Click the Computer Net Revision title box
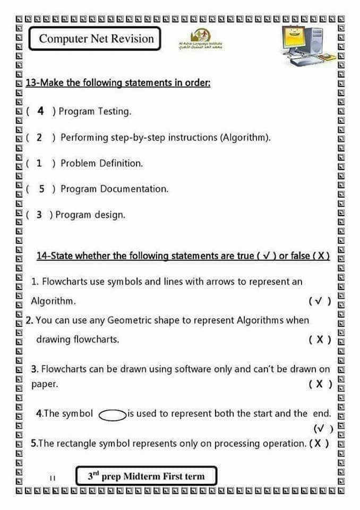pyautogui.click(x=96, y=39)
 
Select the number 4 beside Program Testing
pyautogui.click(x=40, y=111)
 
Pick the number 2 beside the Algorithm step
pyautogui.click(x=39, y=138)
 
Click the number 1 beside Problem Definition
pyautogui.click(x=39, y=163)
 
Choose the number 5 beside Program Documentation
pyautogui.click(x=41, y=189)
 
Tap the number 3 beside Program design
pyautogui.click(x=39, y=215)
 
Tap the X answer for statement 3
pyautogui.click(x=320, y=384)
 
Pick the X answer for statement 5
pyautogui.click(x=318, y=443)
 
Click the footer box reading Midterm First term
pyautogui.click(x=146, y=476)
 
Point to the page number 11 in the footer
pyautogui.click(x=52, y=478)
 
